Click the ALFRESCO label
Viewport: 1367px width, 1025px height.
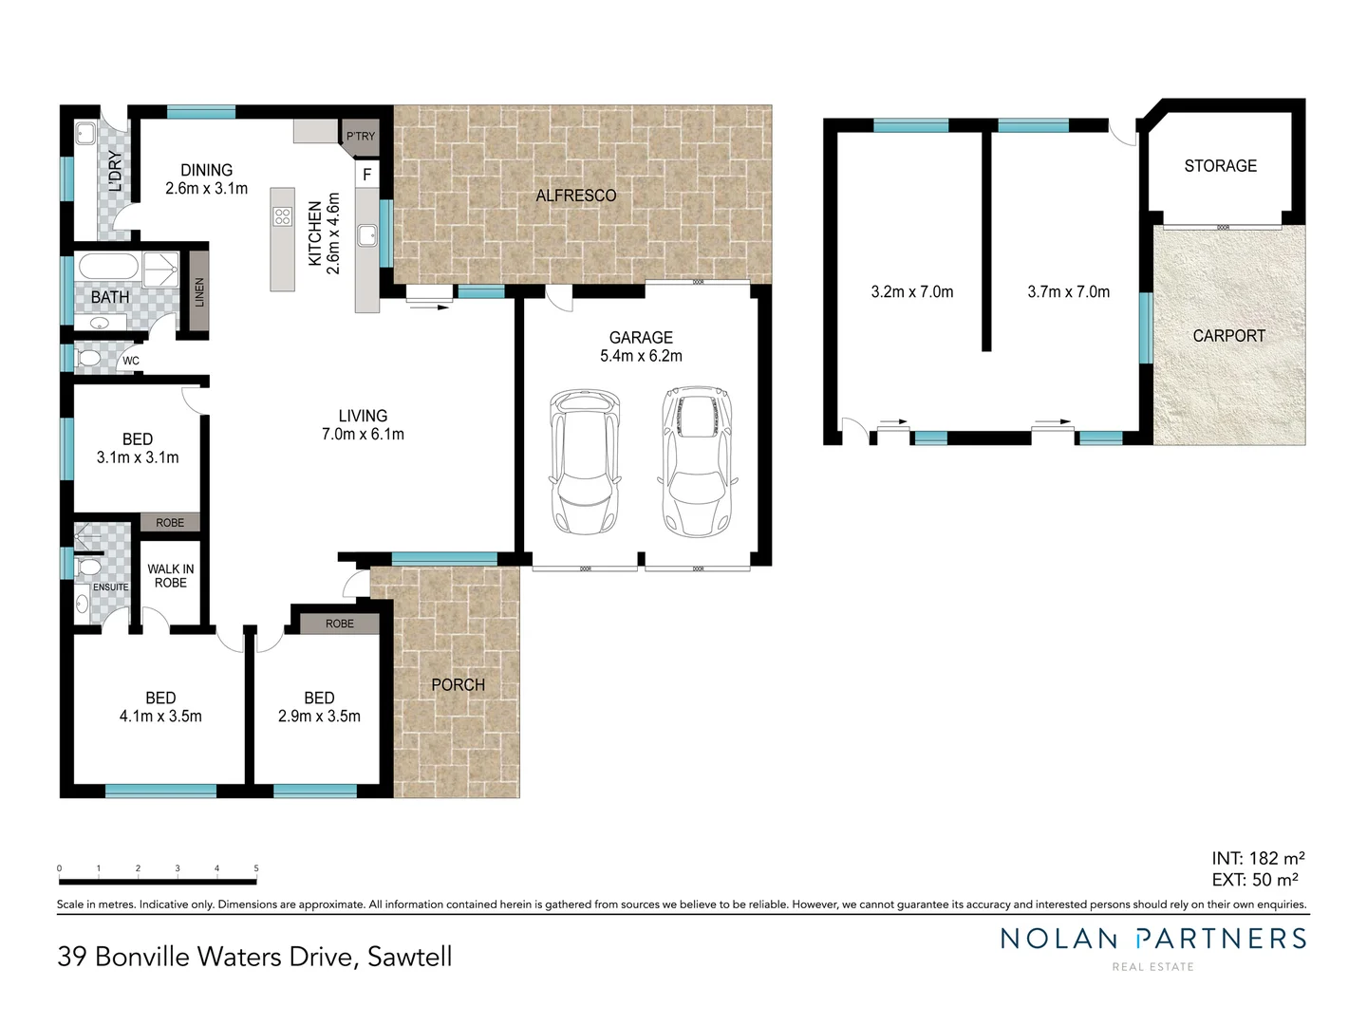(575, 196)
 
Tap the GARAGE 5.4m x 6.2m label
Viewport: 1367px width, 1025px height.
(641, 346)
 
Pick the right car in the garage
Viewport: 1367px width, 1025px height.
(698, 461)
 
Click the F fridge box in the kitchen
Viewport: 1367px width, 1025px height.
(366, 175)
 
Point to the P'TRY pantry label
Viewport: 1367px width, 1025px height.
(361, 137)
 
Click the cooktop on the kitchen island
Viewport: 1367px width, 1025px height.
(282, 216)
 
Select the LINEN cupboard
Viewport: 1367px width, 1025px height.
(198, 290)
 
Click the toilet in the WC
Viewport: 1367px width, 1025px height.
(88, 359)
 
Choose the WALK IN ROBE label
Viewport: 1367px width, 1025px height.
(171, 576)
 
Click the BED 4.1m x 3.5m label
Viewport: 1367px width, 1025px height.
(160, 707)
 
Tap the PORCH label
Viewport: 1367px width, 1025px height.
(458, 684)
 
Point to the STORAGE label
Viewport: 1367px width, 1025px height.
(1220, 166)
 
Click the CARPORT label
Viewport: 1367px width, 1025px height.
(1228, 336)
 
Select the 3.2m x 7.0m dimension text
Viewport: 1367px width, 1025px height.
(911, 292)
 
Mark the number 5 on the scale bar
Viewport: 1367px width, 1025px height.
(256, 868)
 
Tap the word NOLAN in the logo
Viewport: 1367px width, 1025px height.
(1058, 939)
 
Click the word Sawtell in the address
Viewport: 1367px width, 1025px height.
(409, 956)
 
